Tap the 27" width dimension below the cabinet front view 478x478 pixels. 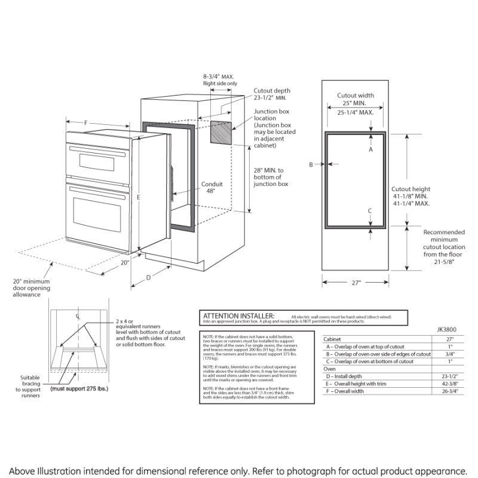[x=356, y=283]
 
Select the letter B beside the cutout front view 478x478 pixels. [x=311, y=164]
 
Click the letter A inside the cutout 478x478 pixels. [x=370, y=151]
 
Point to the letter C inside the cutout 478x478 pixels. [x=370, y=211]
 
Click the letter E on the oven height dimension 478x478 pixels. [x=138, y=197]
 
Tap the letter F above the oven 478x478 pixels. [x=86, y=123]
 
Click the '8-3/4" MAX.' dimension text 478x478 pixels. [x=219, y=76]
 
